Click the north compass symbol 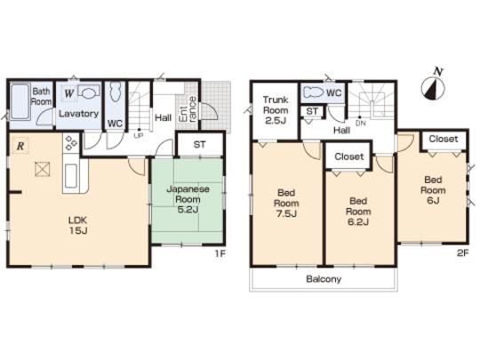[x=433, y=87]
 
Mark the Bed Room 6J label [x=433, y=189]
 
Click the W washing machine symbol [x=68, y=92]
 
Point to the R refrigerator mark [x=20, y=144]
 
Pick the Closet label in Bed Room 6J [x=444, y=140]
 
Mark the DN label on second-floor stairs [x=360, y=124]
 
